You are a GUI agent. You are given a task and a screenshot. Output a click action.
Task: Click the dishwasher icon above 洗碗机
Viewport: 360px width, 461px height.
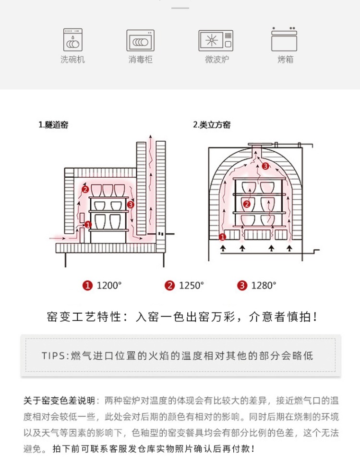[72, 40]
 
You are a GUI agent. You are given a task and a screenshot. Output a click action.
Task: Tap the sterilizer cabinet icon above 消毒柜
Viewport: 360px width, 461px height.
[140, 40]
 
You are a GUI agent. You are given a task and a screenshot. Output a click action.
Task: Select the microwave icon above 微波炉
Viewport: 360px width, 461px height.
[216, 40]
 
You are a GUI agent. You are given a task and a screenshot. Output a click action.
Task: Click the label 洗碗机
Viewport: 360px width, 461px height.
[72, 60]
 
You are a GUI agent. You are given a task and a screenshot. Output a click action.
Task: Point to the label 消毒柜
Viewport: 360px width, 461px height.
[140, 60]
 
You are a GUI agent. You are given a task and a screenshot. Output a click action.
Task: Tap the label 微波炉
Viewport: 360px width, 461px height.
[216, 60]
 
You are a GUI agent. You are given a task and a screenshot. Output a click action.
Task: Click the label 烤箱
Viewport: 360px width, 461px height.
[285, 60]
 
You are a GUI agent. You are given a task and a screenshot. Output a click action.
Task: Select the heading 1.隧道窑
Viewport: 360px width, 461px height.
[53, 125]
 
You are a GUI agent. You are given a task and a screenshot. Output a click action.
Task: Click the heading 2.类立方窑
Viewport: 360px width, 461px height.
[212, 125]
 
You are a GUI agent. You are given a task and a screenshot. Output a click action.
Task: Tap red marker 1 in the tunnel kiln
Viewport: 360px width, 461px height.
[88, 224]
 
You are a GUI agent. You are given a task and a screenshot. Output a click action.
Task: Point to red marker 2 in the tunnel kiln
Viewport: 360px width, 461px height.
[85, 190]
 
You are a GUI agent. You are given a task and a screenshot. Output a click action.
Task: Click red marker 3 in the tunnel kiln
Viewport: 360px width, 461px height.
[132, 205]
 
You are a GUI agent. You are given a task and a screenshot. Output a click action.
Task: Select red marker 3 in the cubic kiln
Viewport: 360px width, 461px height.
[265, 166]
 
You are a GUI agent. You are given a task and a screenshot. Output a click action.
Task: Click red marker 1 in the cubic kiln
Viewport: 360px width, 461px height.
[222, 236]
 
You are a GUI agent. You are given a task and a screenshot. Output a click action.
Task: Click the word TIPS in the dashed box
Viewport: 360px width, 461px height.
[55, 356]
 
